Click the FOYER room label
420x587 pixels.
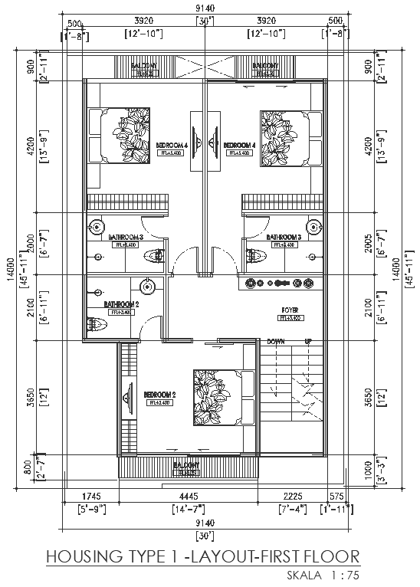pyautogui.click(x=289, y=310)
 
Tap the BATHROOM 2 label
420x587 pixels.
pyautogui.click(x=120, y=304)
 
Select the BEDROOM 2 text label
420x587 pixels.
pyautogui.click(x=160, y=395)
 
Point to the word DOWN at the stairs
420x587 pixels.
pyautogui.click(x=276, y=341)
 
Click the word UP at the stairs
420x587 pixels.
pyautogui.click(x=308, y=341)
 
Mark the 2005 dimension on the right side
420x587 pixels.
pyautogui.click(x=369, y=242)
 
